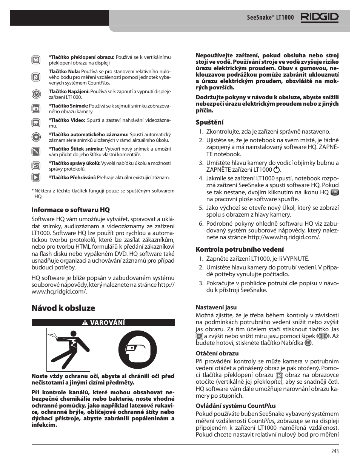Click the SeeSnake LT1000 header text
pyautogui.click(x=270, y=18)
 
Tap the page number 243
pyautogui.click(x=335, y=451)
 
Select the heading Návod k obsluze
pyautogui.click(x=63, y=308)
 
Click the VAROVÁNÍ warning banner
pyautogui.click(x=103, y=323)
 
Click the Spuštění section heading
pyautogui.click(x=209, y=122)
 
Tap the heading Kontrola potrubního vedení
pyautogui.click(x=240, y=249)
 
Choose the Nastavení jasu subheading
pyautogui.click(x=216, y=308)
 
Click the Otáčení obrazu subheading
pyautogui.click(x=217, y=354)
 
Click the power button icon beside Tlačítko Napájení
pyautogui.click(x=36, y=94)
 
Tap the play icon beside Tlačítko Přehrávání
pyautogui.click(x=36, y=177)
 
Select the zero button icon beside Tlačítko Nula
pyautogui.click(x=36, y=77)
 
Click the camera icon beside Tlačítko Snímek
pyautogui.click(x=36, y=109)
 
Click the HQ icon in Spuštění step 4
pyautogui.click(x=334, y=192)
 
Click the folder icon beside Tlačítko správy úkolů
pyautogui.click(x=36, y=166)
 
